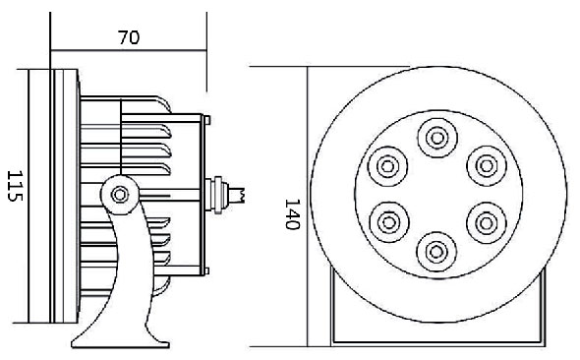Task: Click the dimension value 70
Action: [x=129, y=37]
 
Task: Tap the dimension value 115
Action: [x=15, y=186]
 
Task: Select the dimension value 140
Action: [x=292, y=214]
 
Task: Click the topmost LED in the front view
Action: [x=437, y=138]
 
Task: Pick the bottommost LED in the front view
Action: [x=436, y=252]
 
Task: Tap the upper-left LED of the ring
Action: [x=387, y=166]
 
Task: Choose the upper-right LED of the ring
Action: [x=487, y=166]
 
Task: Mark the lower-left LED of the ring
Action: [x=389, y=222]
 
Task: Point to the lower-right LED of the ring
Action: [x=487, y=222]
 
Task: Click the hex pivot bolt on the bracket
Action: [x=120, y=195]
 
